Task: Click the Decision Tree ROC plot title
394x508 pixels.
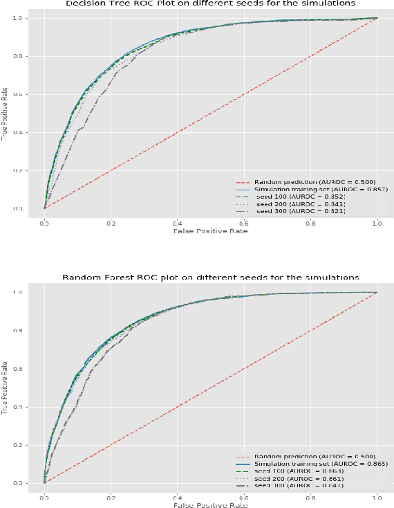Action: coord(210,3)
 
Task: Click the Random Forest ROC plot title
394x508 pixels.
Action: coord(210,277)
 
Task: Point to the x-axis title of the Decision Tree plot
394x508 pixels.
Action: coord(210,230)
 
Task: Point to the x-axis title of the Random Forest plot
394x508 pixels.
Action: coord(210,505)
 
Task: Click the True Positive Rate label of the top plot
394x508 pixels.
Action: coord(6,114)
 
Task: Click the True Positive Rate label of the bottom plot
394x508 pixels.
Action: coord(6,388)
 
